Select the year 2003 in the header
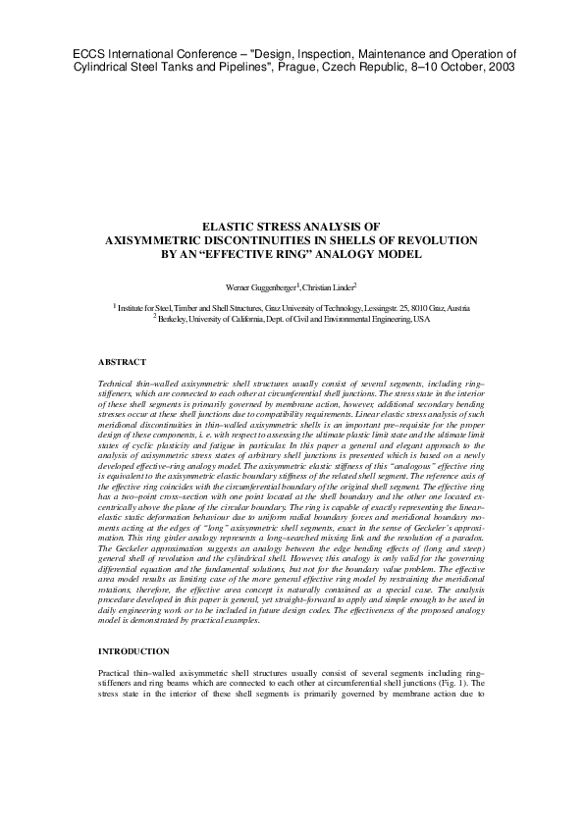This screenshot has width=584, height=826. pos(499,68)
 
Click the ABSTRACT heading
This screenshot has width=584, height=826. pos(122,362)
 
